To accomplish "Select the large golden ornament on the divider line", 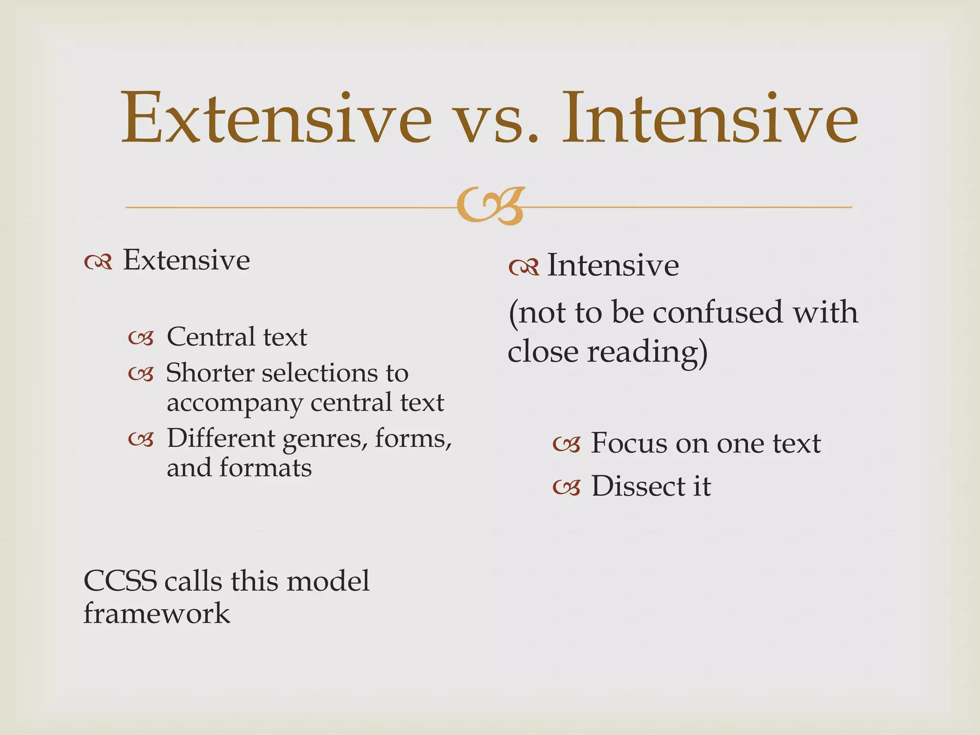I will coord(491,206).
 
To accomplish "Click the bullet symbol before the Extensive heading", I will coord(98,262).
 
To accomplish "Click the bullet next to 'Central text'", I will coord(141,338).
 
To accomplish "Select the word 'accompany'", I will coord(234,403).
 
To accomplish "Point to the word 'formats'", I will coord(266,468).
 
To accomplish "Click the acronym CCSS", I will coord(120,581).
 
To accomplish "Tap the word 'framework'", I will coord(156,614).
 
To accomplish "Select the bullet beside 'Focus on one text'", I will coord(567,445).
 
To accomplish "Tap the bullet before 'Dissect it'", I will coord(567,488).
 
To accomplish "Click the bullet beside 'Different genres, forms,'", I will coord(141,439).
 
